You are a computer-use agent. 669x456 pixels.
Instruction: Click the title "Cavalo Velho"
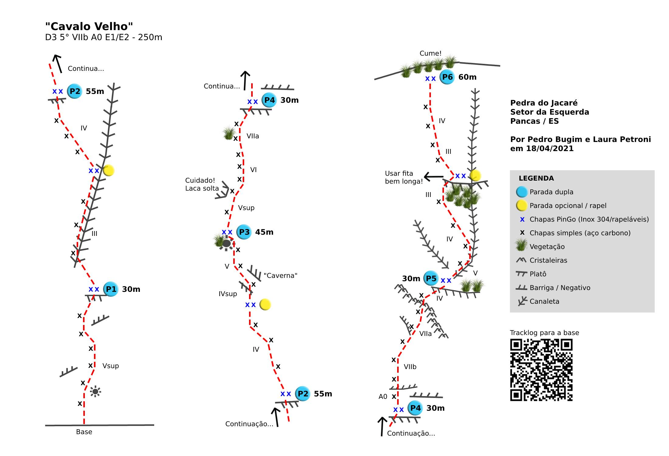click(89, 26)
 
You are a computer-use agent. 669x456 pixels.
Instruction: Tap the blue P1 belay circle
click(111, 289)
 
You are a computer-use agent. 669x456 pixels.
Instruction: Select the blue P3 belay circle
click(244, 232)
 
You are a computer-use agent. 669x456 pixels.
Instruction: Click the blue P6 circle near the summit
click(447, 77)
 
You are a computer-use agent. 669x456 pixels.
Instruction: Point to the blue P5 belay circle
click(431, 278)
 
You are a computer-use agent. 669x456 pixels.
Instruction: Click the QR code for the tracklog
click(541, 370)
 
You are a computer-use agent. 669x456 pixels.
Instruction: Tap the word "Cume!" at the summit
click(430, 54)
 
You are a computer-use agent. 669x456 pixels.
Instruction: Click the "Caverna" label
click(280, 275)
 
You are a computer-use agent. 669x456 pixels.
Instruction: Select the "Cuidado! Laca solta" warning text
click(202, 184)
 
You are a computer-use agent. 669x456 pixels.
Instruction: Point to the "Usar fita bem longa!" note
click(404, 177)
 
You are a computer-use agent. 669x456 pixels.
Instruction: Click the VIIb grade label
click(410, 367)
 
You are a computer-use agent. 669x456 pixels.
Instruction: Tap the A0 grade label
click(383, 396)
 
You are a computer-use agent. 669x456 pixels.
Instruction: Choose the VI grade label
click(253, 170)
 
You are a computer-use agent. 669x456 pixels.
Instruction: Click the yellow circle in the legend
click(522, 206)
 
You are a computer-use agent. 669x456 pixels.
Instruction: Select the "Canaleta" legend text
click(544, 301)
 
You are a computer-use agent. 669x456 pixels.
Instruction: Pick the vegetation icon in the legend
click(521, 245)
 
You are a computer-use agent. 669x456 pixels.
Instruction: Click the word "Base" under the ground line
click(84, 432)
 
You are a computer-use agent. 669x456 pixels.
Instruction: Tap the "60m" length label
click(467, 77)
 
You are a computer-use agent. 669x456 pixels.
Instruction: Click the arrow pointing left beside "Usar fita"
click(434, 177)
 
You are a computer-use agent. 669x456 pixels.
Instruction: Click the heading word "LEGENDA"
click(536, 178)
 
